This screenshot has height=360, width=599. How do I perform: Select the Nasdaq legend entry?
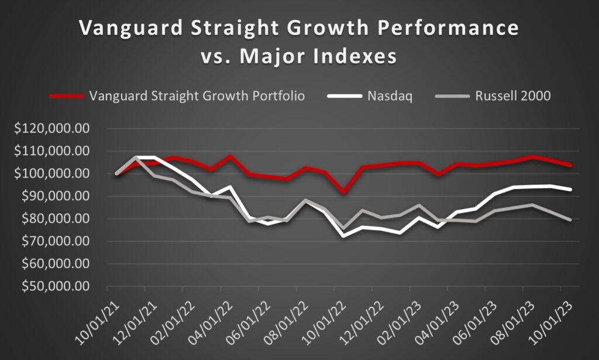(391, 95)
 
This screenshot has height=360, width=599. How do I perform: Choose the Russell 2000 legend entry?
(513, 95)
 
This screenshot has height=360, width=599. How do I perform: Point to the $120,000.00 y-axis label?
(53, 129)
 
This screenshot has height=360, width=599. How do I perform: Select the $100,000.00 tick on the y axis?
(53, 174)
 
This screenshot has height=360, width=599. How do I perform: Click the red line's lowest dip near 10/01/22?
(343, 192)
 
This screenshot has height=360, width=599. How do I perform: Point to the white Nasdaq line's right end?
(570, 189)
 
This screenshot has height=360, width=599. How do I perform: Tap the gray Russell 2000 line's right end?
(570, 220)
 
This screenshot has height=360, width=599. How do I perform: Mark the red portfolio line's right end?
(570, 166)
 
